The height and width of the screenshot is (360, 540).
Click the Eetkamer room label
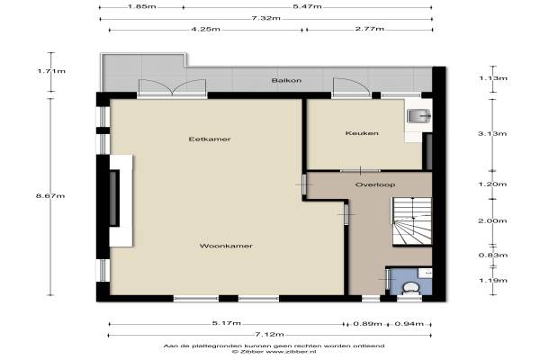tap(210, 139)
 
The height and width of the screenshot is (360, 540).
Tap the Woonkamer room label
tap(226, 246)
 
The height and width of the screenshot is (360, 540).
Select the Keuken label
tap(362, 133)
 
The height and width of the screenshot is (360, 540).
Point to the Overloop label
tap(375, 184)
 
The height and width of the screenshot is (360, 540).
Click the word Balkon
tap(286, 81)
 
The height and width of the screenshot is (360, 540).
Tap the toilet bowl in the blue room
tap(410, 288)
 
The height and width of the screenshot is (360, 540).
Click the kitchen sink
tap(418, 116)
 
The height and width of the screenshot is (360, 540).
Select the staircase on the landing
tap(412, 220)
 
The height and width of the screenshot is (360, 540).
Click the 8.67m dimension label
tap(50, 196)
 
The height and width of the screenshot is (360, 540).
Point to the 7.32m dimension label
tap(265, 18)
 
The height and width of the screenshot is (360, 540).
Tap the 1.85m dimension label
tap(142, 6)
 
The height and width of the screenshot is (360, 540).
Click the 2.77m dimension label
tap(370, 29)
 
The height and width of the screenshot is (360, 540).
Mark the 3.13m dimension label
tap(492, 134)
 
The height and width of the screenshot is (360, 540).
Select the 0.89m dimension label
tap(368, 324)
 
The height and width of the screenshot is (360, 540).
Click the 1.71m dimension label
tap(51, 71)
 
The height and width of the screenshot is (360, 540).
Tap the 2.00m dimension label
tap(492, 220)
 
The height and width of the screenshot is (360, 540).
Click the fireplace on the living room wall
tap(121, 201)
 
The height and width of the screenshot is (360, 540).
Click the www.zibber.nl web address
tap(291, 352)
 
